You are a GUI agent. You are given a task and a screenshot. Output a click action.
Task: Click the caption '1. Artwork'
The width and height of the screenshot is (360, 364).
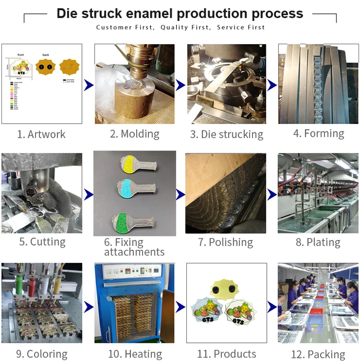(41, 134)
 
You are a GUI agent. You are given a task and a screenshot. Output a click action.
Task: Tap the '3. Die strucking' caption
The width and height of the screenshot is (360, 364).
(227, 134)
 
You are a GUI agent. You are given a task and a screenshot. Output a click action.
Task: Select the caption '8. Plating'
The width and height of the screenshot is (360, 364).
(318, 242)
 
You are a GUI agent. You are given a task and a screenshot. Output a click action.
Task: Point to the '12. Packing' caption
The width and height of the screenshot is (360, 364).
(318, 355)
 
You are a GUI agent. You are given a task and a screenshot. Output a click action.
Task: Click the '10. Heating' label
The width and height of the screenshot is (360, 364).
(135, 354)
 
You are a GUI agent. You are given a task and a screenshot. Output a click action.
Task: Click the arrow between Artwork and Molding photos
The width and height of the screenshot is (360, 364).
(88, 85)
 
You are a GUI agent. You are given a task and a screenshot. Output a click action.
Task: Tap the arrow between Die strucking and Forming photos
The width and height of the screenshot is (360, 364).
(272, 85)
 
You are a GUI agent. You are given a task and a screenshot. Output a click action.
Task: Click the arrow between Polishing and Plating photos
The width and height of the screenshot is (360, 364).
(272, 194)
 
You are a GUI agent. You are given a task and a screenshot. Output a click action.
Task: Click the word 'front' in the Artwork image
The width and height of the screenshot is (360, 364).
(21, 55)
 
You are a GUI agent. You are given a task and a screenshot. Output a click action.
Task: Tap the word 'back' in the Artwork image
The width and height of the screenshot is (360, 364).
(46, 55)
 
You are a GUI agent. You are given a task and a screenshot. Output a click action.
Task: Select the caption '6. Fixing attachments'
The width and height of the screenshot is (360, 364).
(134, 247)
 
